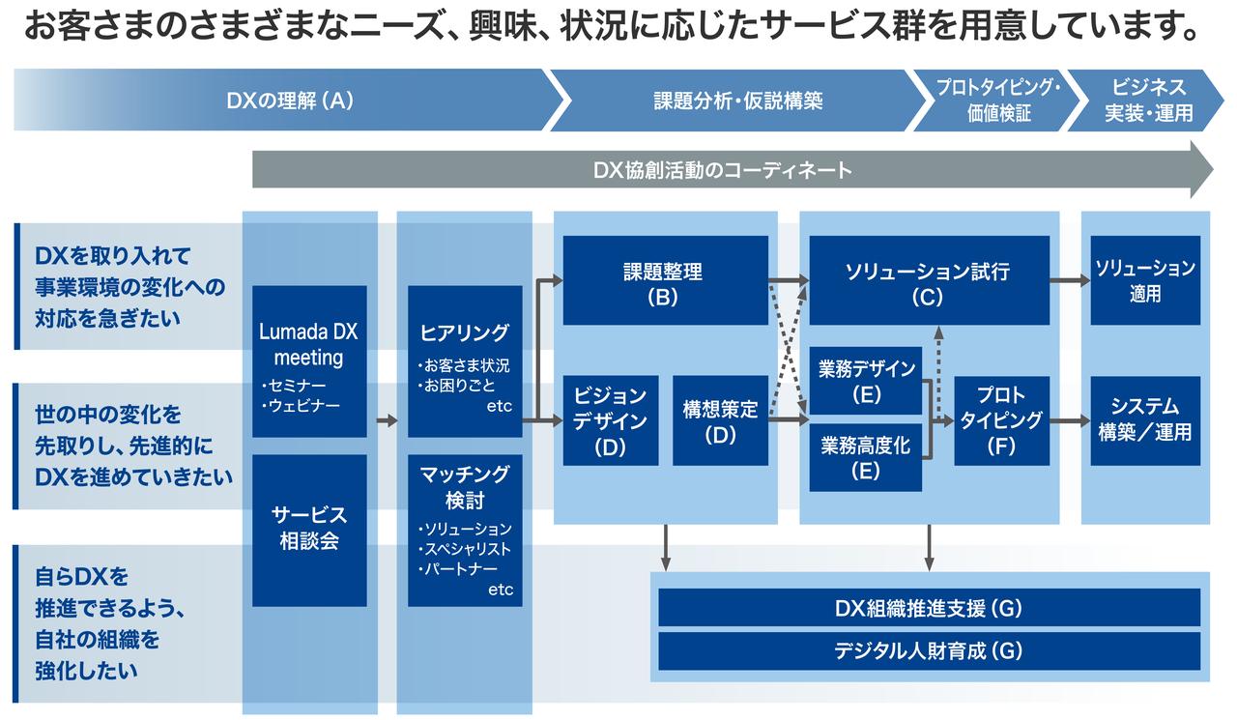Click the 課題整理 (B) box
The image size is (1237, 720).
pos(665,280)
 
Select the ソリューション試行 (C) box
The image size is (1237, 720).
pos(928,280)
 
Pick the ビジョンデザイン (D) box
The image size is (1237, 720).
pos(610,420)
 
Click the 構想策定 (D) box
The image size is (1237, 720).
pos(720,420)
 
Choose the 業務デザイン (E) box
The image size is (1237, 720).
pos(865,380)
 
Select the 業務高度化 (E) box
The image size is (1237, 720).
pos(865,457)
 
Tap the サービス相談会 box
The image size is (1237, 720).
pos(309,530)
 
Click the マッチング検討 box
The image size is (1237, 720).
pos(465,530)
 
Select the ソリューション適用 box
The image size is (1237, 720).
pos(1145,280)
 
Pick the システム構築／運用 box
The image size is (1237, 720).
pos(1145,420)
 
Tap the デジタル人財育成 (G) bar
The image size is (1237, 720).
pos(929,650)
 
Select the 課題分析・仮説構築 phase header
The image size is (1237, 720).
pos(737,100)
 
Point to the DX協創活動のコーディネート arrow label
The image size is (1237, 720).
pos(723,170)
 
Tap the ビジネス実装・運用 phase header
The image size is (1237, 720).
pos(1148,100)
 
